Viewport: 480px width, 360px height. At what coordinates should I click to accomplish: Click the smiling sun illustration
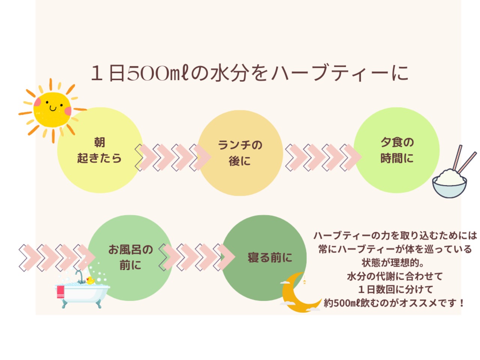coord(52,109)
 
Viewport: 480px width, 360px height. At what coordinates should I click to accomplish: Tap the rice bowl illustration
coord(449,183)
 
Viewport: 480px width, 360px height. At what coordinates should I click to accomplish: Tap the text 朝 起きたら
coord(99,150)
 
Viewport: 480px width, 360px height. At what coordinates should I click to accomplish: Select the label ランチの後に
coord(240,153)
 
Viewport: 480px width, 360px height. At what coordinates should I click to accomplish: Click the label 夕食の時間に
coord(397,150)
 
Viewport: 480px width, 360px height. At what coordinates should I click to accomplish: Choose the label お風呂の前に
coord(130,257)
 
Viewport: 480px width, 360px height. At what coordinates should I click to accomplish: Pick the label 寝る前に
coord(270,258)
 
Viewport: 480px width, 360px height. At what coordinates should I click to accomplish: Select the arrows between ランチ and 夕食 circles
coord(322,157)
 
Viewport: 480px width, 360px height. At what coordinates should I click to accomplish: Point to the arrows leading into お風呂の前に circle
coord(56,257)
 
